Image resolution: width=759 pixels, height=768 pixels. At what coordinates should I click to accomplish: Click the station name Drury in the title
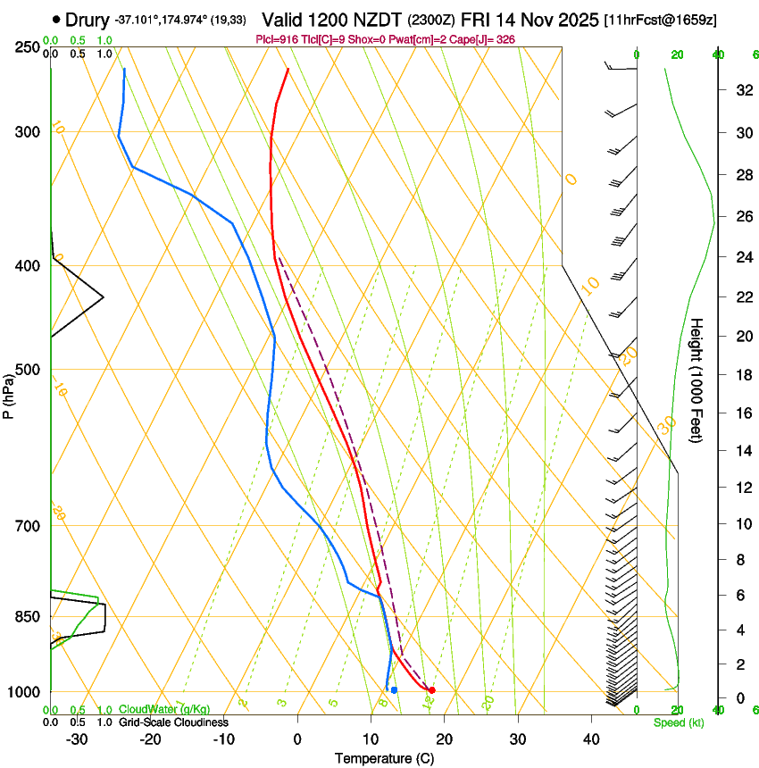point(87,20)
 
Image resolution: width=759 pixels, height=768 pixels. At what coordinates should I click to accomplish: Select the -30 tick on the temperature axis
point(77,739)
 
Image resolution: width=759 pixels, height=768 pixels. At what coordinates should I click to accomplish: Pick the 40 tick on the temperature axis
point(591,739)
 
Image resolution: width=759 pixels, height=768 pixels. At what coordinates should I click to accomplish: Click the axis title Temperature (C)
point(384,758)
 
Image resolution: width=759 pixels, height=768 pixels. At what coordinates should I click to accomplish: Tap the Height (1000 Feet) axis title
point(696,380)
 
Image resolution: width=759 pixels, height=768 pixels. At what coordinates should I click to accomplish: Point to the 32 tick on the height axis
point(741,90)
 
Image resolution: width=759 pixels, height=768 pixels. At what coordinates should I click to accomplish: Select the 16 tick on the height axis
point(741,413)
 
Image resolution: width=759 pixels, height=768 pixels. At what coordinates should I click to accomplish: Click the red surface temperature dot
point(431,690)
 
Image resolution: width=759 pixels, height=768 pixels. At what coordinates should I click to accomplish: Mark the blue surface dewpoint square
point(394,689)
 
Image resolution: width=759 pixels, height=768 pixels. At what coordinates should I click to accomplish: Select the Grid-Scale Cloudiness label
point(173,722)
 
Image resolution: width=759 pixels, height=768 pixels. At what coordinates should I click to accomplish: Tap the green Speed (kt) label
point(678,722)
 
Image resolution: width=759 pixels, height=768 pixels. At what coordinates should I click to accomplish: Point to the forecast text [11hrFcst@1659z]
point(660,20)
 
